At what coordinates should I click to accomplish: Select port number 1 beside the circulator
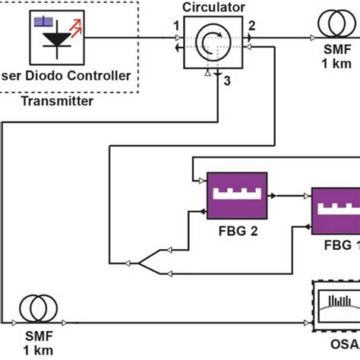[x=176, y=27]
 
